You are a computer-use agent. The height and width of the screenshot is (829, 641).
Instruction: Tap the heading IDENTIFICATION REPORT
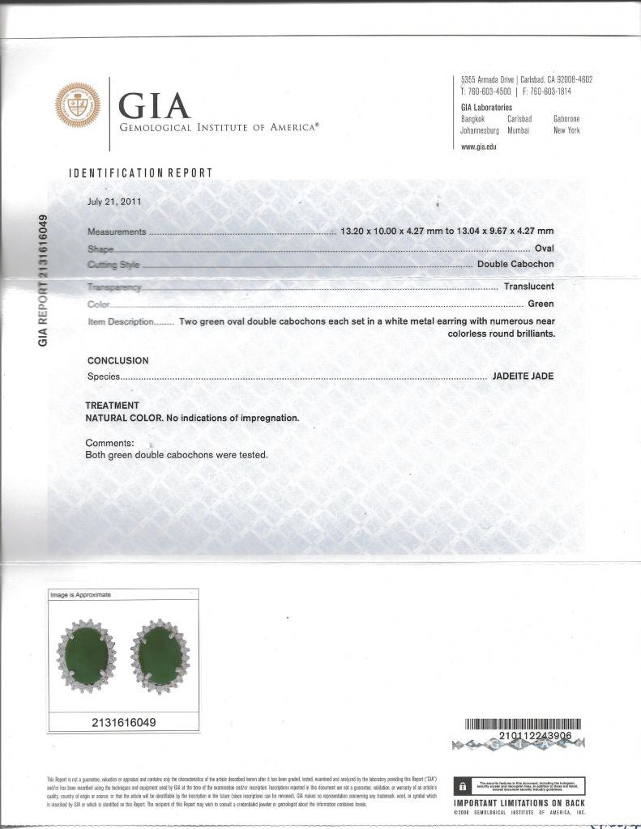pos(140,172)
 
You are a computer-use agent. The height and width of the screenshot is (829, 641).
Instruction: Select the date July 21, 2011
pos(114,202)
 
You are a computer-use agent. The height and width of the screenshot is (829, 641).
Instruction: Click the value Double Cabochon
pos(515,265)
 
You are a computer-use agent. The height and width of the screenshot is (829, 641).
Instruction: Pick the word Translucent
pos(528,287)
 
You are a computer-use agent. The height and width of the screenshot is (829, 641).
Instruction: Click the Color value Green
pos(541,304)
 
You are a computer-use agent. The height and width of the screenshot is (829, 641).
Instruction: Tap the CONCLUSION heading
pos(118,361)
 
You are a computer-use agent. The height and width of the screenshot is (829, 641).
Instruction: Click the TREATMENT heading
pos(112,406)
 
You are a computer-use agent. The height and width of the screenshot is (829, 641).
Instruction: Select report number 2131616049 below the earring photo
pos(124,721)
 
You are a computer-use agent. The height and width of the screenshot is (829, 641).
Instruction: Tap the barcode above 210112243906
pos(523,724)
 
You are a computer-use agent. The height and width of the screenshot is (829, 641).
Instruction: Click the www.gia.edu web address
pos(478,147)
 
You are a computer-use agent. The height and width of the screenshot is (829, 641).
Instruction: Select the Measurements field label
pos(116,232)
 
